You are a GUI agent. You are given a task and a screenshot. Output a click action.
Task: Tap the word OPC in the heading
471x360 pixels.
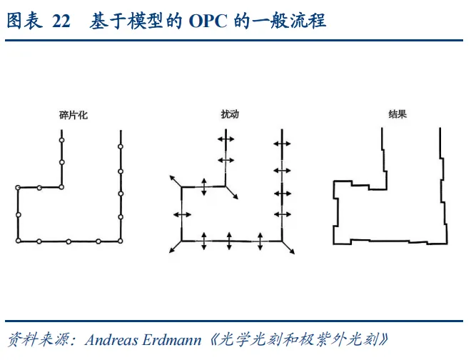pos(208,22)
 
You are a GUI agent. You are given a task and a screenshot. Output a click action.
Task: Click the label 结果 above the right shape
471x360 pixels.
pos(397,114)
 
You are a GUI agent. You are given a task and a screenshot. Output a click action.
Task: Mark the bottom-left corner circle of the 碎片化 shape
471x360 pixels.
pos(18,241)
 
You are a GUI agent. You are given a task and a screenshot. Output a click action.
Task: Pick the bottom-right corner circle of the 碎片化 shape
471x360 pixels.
pos(121,241)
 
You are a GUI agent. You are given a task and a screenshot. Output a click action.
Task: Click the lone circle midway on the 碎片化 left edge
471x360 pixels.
pos(18,214)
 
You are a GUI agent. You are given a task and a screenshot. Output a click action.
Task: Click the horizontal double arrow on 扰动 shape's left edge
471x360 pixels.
pos(182,214)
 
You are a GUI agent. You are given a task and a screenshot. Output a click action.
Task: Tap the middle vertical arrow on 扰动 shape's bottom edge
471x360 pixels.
pos(230,241)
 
